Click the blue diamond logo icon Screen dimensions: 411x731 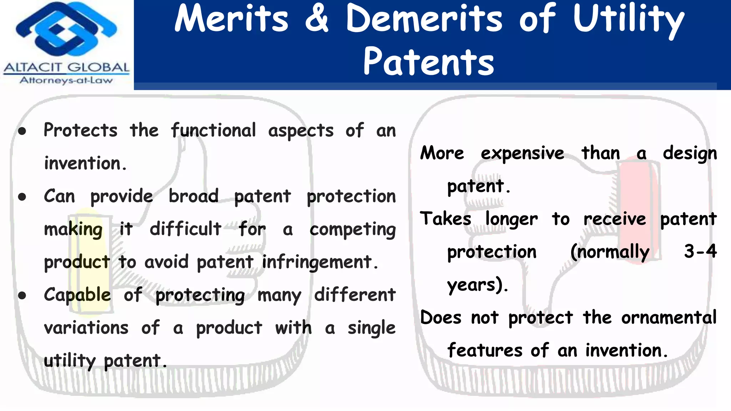pos(66,30)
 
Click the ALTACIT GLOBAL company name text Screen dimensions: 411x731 pos(66,67)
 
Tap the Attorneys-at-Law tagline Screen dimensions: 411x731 pos(66,80)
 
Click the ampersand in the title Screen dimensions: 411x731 pos(317,19)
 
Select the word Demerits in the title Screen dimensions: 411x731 pos(424,19)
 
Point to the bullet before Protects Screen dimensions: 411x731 pos(22,131)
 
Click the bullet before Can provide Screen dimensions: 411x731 pos(22,197)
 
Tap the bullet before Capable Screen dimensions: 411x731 pos(22,295)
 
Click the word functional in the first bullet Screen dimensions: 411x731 pos(213,130)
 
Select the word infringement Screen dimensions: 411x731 pos(317,263)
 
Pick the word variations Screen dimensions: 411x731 pos(86,328)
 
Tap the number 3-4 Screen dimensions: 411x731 pos(700,251)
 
